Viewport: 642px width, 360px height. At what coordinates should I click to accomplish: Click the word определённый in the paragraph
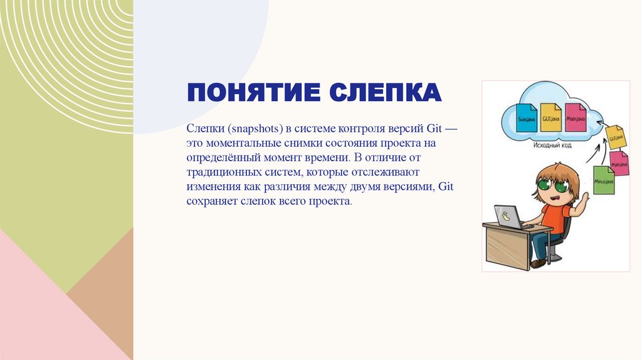(x=217, y=158)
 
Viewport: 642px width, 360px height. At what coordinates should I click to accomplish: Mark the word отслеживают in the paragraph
(x=383, y=172)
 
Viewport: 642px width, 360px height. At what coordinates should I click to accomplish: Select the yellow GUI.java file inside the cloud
(x=551, y=117)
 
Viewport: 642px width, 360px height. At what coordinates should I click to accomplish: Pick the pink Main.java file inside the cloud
(x=575, y=117)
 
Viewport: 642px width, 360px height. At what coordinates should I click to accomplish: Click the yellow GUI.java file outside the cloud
(x=616, y=137)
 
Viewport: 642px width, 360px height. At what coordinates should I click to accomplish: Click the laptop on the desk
(x=509, y=217)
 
